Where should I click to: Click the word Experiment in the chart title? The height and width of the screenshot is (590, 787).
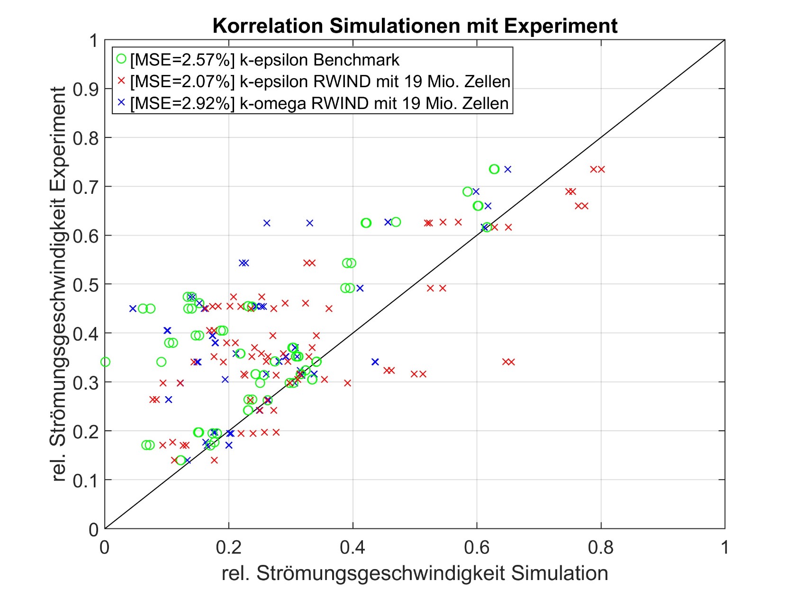561,26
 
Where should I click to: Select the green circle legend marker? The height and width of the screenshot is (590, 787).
121,59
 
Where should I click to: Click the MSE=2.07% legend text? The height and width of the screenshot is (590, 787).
182,82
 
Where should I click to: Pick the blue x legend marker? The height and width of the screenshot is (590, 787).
121,102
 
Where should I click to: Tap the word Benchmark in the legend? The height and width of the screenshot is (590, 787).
356,60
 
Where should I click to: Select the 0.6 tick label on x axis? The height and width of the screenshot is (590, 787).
476,547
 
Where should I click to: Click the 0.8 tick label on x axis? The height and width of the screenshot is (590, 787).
600,547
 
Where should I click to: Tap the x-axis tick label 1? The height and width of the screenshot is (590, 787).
724,547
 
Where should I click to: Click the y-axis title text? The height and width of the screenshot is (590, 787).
59,284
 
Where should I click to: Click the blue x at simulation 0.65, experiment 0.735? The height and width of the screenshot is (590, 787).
508,169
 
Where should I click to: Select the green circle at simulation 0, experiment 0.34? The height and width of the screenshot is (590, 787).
105,362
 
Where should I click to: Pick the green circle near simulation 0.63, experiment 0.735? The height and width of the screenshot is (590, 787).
494,169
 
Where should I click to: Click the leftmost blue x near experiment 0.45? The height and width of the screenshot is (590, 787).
133,309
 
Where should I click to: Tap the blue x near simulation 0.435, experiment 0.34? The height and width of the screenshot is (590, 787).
375,362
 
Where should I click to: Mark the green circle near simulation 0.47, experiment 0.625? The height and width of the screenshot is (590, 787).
396,222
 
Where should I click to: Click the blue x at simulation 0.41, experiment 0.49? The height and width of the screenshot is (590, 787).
360,288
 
